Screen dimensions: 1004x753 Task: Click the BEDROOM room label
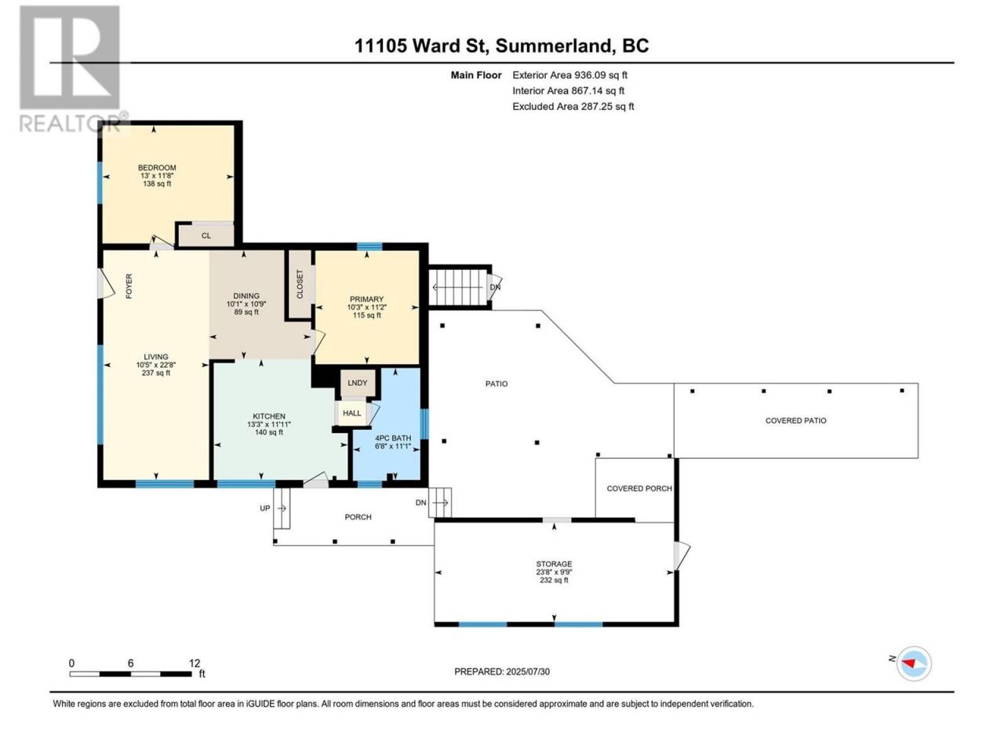(x=157, y=167)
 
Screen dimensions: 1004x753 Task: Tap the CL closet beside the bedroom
(x=206, y=235)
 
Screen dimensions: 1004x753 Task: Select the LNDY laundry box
(x=358, y=383)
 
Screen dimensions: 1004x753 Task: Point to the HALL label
(x=351, y=413)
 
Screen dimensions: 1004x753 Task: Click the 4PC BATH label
(x=393, y=438)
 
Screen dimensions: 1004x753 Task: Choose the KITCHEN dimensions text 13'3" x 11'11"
(x=269, y=424)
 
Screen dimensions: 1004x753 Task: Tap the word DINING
(x=246, y=296)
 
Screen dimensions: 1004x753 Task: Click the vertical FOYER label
(x=129, y=286)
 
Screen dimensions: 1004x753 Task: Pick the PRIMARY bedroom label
(x=366, y=300)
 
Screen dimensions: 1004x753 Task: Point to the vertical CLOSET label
(x=300, y=285)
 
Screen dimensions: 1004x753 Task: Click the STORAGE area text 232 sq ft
(x=554, y=580)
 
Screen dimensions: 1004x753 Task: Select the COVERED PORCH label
(x=639, y=489)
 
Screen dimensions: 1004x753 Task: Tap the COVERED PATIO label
(x=796, y=420)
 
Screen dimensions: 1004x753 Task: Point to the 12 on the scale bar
(x=195, y=664)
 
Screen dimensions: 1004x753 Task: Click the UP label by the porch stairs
(x=265, y=508)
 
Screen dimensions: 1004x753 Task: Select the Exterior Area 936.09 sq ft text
(x=570, y=75)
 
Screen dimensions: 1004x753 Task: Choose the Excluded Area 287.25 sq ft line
(x=573, y=107)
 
